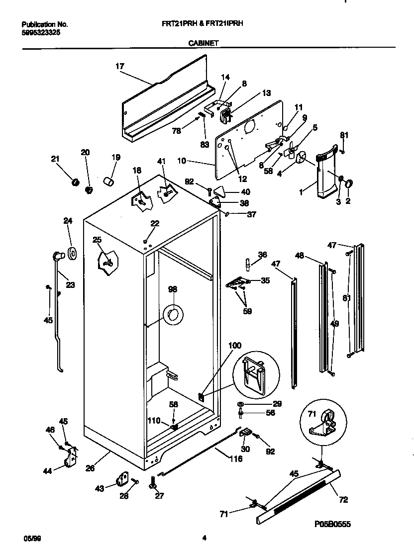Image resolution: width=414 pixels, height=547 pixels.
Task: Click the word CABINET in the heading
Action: (x=204, y=43)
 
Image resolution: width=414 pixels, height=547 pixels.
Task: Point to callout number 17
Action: (x=119, y=66)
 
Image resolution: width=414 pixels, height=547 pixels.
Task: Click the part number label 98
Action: (x=173, y=289)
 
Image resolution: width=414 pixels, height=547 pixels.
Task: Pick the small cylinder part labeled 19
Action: (x=109, y=181)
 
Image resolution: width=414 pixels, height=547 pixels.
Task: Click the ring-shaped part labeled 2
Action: (x=349, y=184)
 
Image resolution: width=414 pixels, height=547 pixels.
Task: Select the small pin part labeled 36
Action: (x=247, y=263)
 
